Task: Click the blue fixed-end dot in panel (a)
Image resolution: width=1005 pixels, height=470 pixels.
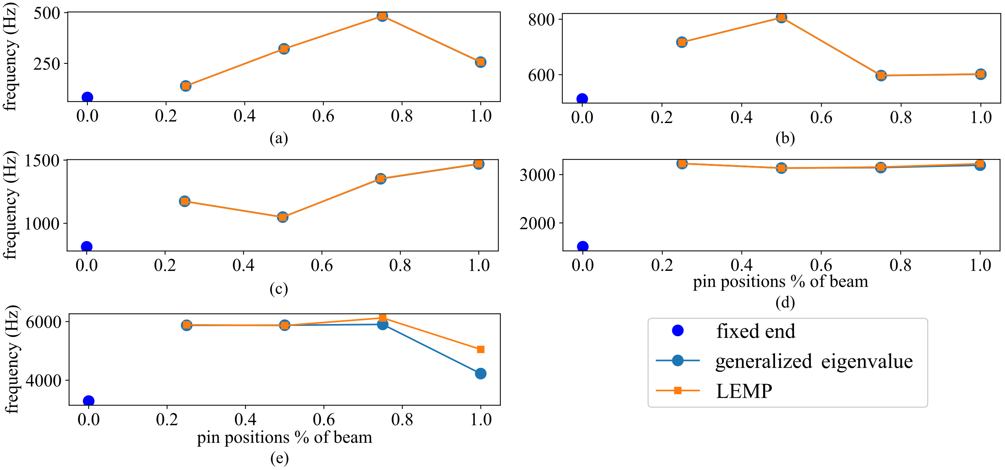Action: coord(87,97)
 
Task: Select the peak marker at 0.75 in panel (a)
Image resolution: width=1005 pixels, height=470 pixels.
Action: coord(382,16)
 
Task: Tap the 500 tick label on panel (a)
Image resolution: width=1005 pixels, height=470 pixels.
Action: coord(47,13)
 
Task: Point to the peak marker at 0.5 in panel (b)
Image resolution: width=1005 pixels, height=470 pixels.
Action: coord(781,18)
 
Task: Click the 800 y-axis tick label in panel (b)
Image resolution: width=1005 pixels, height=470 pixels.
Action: coord(541,20)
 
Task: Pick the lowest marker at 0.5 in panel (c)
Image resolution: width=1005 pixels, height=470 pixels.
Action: coord(283,217)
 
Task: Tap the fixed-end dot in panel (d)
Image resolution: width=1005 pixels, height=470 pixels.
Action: coord(583,246)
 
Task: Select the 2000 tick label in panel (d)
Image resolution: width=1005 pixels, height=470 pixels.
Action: coord(537,223)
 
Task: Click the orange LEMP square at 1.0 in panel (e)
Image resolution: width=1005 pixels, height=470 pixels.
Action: coord(481,349)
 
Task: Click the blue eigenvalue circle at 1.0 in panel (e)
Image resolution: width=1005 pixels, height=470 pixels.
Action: coord(481,374)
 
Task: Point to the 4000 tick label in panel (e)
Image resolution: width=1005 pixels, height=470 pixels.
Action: coord(43,381)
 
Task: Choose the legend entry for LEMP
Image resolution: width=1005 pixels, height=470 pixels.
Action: coord(744,391)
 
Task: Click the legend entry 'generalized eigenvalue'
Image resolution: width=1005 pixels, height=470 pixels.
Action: coord(814,361)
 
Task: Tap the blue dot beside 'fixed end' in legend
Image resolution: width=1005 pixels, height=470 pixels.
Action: coord(678,331)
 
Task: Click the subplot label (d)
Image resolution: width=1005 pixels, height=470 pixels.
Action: coord(785,303)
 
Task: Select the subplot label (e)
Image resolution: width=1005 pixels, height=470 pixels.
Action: coord(279,458)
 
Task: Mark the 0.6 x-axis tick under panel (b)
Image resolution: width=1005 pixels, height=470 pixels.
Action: coord(821,118)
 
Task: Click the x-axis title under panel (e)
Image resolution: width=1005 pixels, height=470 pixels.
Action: coord(285,437)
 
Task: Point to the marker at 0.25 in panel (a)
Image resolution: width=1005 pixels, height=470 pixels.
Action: coord(186,86)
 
